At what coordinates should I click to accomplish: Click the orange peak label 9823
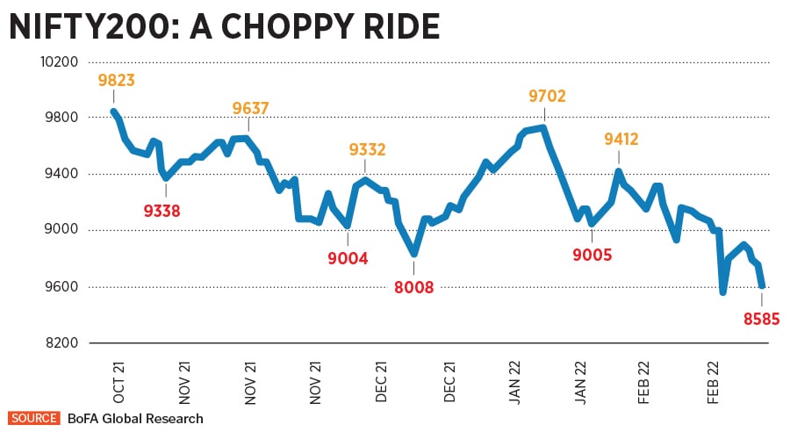(117, 81)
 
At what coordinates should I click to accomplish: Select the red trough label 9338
(166, 210)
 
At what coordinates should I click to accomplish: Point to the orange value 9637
(250, 109)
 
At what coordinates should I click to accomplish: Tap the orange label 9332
(367, 150)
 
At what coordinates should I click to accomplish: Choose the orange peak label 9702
(547, 97)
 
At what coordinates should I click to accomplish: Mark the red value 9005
(593, 256)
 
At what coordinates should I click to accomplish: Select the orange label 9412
(621, 139)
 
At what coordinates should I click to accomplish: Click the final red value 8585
(761, 319)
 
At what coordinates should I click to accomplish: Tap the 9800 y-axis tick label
(62, 118)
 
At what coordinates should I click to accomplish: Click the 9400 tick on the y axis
(62, 174)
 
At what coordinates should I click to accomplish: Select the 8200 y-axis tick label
(62, 342)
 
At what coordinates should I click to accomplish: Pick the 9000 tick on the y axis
(62, 230)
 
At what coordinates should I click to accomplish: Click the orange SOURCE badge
(33, 418)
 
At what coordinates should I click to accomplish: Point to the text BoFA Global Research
(135, 418)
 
